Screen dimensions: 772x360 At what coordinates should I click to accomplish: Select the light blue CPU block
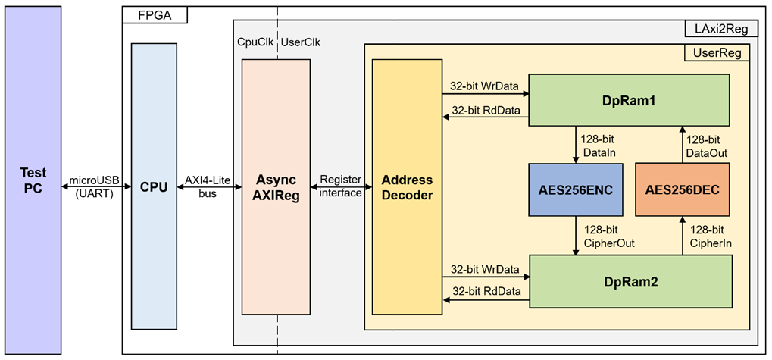click(154, 186)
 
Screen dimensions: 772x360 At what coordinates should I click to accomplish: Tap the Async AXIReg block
click(277, 186)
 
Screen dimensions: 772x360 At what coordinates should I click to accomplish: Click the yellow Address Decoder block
click(407, 186)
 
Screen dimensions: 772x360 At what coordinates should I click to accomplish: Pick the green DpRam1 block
click(629, 100)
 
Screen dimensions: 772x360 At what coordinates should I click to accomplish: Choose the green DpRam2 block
click(630, 282)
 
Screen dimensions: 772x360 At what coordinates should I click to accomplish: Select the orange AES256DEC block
click(682, 190)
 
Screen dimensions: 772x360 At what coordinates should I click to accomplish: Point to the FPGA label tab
click(155, 14)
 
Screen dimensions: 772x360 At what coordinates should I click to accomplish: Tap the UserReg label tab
click(717, 53)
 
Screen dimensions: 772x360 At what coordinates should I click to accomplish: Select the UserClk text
click(300, 42)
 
